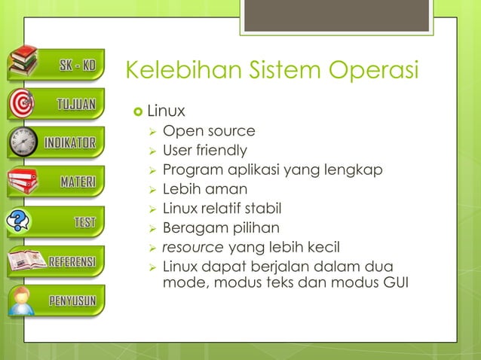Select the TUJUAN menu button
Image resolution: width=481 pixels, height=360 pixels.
[75, 104]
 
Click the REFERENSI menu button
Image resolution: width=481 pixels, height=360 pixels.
[71, 262]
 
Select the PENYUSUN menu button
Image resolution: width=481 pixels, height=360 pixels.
[72, 301]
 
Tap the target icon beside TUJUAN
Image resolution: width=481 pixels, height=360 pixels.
[23, 102]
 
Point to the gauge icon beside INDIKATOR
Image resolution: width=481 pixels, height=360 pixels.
[23, 142]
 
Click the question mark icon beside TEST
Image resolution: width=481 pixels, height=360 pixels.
[19, 221]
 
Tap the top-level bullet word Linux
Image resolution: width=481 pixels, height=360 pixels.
[166, 111]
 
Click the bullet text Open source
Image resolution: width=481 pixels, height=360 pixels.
[209, 131]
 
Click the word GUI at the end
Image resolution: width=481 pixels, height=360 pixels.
[393, 285]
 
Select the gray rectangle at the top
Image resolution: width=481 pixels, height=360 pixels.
[337, 16]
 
